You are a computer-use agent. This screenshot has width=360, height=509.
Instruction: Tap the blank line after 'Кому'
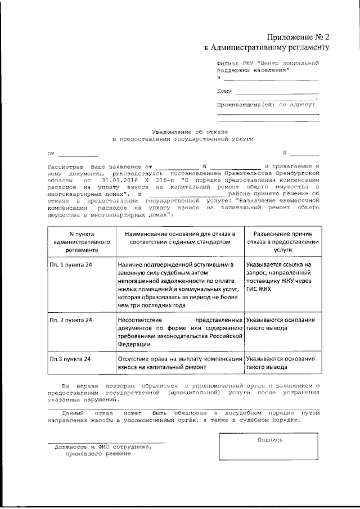click(277, 92)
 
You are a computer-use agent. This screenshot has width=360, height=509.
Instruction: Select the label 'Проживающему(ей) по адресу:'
click(266, 105)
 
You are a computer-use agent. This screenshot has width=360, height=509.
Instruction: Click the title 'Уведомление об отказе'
click(183, 130)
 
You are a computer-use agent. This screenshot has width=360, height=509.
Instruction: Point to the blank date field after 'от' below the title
click(78, 153)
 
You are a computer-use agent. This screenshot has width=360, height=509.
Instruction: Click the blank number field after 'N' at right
click(304, 152)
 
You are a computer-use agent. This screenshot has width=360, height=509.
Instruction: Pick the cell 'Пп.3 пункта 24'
click(70, 358)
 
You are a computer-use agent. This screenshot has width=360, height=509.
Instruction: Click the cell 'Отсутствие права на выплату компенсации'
click(180, 362)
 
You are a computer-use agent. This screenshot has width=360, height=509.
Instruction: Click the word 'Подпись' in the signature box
click(269, 439)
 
